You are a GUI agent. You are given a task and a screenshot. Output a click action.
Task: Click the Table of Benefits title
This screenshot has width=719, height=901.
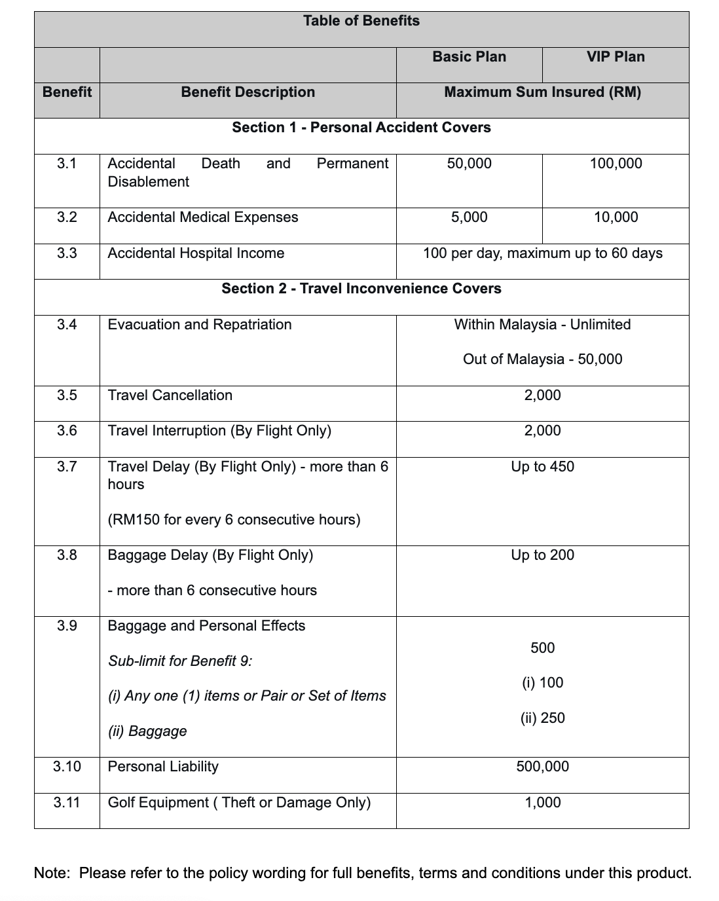click(361, 21)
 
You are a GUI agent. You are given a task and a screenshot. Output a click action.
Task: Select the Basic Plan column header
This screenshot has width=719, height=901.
click(469, 57)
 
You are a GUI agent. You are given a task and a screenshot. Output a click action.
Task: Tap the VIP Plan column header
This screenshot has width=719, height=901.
click(616, 57)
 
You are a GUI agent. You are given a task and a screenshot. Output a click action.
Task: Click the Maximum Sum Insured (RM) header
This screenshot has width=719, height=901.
click(542, 92)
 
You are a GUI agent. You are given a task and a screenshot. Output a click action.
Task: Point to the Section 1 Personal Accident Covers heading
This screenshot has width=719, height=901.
click(361, 128)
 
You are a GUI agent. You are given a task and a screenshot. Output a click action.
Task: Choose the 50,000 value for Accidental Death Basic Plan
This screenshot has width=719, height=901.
click(469, 164)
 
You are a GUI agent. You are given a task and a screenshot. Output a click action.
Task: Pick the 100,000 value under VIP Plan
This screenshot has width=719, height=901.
click(616, 164)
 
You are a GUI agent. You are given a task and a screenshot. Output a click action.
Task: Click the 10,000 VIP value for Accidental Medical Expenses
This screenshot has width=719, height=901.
click(616, 217)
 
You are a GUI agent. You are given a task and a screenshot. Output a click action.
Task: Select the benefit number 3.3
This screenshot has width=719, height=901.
click(67, 253)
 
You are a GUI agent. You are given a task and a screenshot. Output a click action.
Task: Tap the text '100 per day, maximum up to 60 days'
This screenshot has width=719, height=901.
click(542, 253)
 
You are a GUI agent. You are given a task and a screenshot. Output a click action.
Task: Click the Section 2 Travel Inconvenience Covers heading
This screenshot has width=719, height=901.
click(361, 289)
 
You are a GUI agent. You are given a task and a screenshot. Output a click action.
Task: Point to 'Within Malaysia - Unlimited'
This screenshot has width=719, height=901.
click(542, 325)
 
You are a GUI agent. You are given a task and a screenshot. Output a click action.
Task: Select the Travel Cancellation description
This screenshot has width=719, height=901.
click(170, 395)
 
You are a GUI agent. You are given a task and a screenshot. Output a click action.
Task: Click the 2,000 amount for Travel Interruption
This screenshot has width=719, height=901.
click(542, 431)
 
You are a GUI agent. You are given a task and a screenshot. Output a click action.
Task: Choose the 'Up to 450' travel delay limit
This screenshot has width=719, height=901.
click(542, 467)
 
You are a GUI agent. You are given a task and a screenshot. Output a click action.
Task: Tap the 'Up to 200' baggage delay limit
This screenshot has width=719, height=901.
click(542, 555)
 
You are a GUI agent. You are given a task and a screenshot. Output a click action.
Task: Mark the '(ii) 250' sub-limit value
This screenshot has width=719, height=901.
click(542, 718)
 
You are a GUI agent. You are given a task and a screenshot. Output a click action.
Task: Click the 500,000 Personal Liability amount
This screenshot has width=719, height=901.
click(542, 767)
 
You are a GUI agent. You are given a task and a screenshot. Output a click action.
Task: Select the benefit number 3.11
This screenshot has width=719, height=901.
click(67, 803)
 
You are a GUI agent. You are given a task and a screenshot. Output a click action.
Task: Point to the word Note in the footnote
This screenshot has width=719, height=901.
click(50, 873)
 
